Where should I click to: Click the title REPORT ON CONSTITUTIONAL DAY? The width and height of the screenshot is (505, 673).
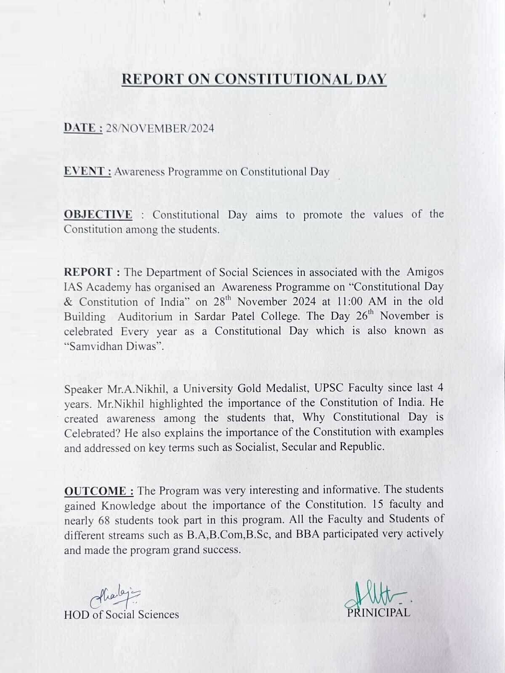[254, 79]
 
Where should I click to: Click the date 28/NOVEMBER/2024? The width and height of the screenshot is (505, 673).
[160, 128]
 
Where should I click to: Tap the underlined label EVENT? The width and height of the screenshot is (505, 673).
[87, 171]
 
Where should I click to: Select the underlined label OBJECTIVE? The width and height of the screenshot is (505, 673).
[98, 215]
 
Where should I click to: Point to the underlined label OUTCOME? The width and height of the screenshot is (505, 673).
[99, 491]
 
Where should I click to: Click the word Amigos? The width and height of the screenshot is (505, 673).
[425, 272]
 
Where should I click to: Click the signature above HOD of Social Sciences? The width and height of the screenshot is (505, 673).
[115, 598]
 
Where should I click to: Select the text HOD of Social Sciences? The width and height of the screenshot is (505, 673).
[121, 615]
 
